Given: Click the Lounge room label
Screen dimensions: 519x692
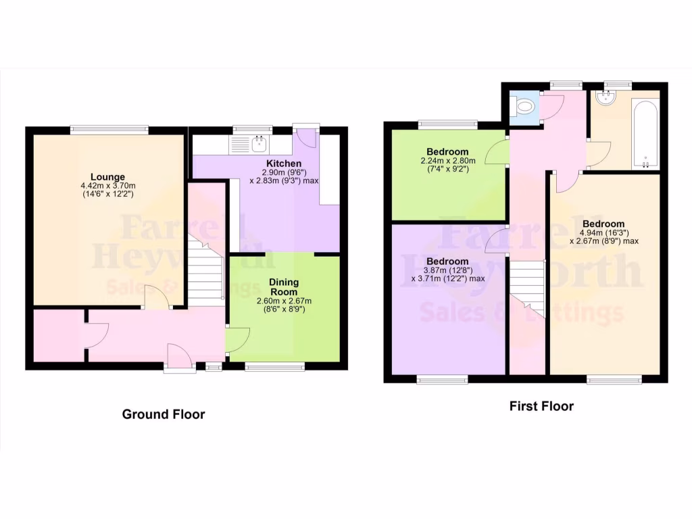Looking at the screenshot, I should tap(109, 177).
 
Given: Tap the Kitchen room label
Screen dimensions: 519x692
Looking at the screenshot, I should tap(284, 164).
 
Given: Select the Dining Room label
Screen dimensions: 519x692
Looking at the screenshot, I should tap(284, 287).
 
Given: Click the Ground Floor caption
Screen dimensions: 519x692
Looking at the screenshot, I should tap(164, 414).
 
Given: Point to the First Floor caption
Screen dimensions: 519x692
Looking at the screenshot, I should tap(541, 406).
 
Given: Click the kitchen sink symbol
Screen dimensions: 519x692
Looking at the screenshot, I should tap(258, 143).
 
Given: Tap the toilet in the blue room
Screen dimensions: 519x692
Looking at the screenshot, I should tap(524, 107).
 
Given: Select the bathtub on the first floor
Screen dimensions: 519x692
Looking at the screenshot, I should tap(645, 134).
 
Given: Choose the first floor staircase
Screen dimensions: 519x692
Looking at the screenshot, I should tap(527, 287).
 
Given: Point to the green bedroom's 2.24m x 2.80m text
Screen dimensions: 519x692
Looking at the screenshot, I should tap(447, 161).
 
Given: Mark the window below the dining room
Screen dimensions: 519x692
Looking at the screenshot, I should tap(274, 366).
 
